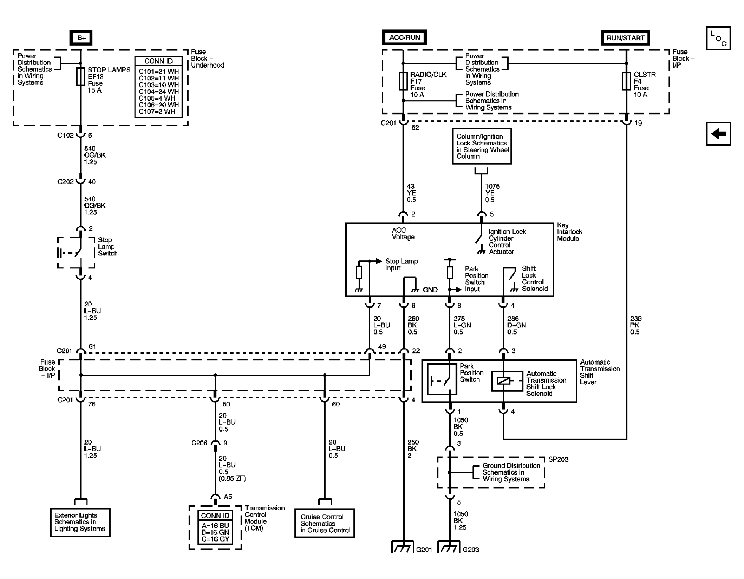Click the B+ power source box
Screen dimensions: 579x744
pyautogui.click(x=81, y=38)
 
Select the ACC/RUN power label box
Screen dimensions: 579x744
pyautogui.click(x=404, y=38)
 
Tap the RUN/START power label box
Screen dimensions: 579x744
pyautogui.click(x=625, y=38)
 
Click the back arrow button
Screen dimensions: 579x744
pyautogui.click(x=718, y=134)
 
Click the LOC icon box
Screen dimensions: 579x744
pyautogui.click(x=718, y=38)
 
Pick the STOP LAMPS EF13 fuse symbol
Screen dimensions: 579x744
pyautogui.click(x=80, y=76)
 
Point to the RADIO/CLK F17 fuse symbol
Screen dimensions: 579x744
pyautogui.click(x=403, y=81)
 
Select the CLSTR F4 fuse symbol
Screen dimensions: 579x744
pyautogui.click(x=626, y=81)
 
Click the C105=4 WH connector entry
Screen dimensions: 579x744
pyautogui.click(x=158, y=98)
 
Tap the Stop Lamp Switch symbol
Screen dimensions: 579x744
pyautogui.click(x=76, y=253)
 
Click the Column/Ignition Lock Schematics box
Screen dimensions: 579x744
pyautogui.click(x=482, y=146)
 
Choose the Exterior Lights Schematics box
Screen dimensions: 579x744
pyautogui.click(x=80, y=522)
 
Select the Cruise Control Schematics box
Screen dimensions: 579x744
pyautogui.click(x=325, y=523)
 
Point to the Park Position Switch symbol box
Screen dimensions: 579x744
pyautogui.click(x=442, y=379)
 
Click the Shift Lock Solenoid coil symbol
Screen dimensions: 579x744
pyautogui.click(x=504, y=381)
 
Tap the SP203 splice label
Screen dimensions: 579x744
pyautogui.click(x=558, y=459)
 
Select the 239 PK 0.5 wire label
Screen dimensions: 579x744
pyautogui.click(x=635, y=325)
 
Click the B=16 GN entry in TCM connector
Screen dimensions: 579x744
pyautogui.click(x=215, y=532)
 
